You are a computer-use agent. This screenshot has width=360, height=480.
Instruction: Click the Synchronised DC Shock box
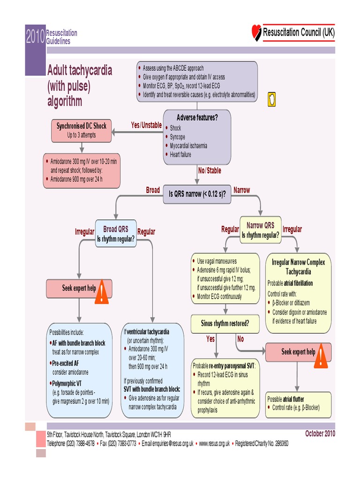pos(81,130)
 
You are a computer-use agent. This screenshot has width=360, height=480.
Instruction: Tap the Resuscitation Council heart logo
pos(256,32)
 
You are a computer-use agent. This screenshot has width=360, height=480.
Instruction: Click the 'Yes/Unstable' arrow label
pos(146,125)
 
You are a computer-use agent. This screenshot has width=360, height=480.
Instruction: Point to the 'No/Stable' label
pos(210,171)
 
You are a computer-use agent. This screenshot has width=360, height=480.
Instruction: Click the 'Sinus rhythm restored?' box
pos(225,323)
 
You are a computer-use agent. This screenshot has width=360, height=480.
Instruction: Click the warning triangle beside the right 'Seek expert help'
pos(321,356)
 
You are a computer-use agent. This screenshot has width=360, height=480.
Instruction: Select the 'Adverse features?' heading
pos(197,118)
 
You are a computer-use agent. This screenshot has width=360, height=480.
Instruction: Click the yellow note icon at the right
pos(271,99)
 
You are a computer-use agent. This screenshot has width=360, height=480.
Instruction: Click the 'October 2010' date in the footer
pos(320,433)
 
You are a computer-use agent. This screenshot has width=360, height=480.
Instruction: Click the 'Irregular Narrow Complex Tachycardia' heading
pos(298,267)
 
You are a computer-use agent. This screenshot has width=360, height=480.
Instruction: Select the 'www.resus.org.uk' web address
pos(214,443)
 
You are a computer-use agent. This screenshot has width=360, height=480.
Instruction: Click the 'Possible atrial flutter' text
pos(292,399)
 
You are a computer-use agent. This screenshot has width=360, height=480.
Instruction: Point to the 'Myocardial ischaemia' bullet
pos(188,146)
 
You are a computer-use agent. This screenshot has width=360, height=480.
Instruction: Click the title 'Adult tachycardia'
pos(80,71)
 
